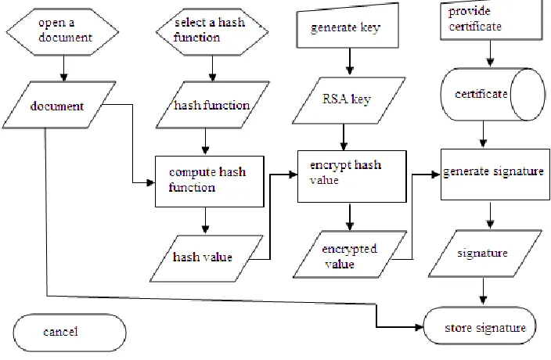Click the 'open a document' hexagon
[63, 31]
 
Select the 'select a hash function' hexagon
[212, 31]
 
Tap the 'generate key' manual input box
[348, 26]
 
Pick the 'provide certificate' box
[492, 20]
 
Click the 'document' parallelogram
[59, 105]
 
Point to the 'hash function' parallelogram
[213, 105]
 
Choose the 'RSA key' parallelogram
[348, 100]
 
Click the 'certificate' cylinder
[492, 95]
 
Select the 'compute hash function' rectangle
[210, 182]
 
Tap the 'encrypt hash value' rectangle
[352, 176]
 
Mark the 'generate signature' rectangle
[495, 175]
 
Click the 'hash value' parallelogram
[207, 258]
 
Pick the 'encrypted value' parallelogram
[350, 254]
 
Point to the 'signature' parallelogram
[485, 254]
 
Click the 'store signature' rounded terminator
[480, 326]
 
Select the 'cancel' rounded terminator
[70, 333]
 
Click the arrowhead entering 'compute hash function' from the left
[151, 182]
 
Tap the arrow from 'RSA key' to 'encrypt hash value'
[344, 137]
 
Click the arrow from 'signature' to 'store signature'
[483, 291]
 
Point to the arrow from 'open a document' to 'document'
[63, 69]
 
